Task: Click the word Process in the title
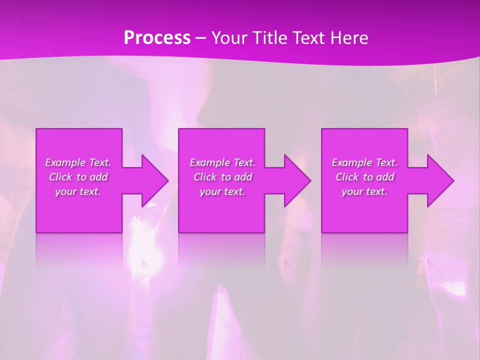point(157,38)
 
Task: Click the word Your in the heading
point(228,38)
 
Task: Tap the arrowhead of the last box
point(439,180)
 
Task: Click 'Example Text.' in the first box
point(78,162)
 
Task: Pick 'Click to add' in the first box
point(78,177)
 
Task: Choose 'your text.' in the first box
point(78,191)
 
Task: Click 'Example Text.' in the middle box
point(222,162)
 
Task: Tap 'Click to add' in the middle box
point(222,177)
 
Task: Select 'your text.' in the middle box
point(222,191)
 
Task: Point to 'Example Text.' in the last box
point(364,162)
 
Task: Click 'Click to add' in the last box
point(364,177)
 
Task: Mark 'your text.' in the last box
point(364,191)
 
